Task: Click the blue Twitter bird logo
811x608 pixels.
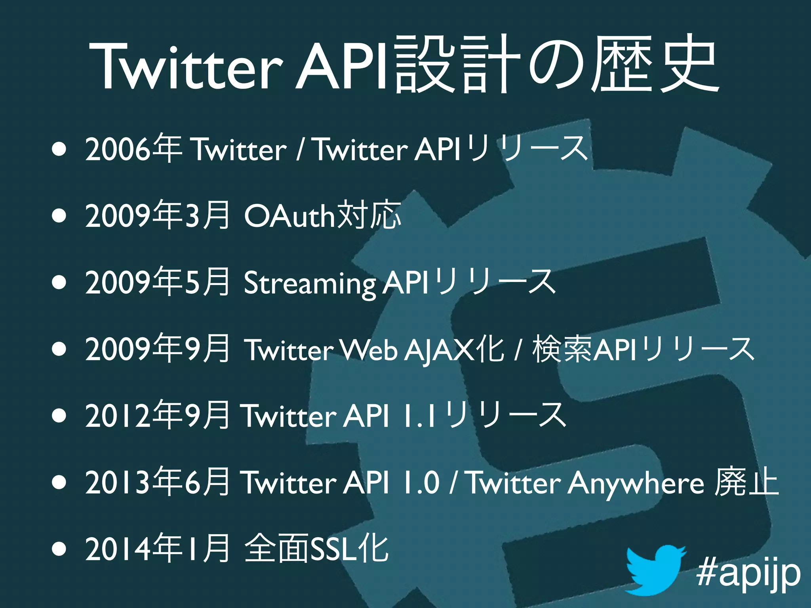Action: [655, 570]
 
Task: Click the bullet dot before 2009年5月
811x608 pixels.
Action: [59, 283]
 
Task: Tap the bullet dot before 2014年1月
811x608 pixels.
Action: [59, 549]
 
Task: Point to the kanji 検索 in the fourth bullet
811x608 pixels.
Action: [562, 349]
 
